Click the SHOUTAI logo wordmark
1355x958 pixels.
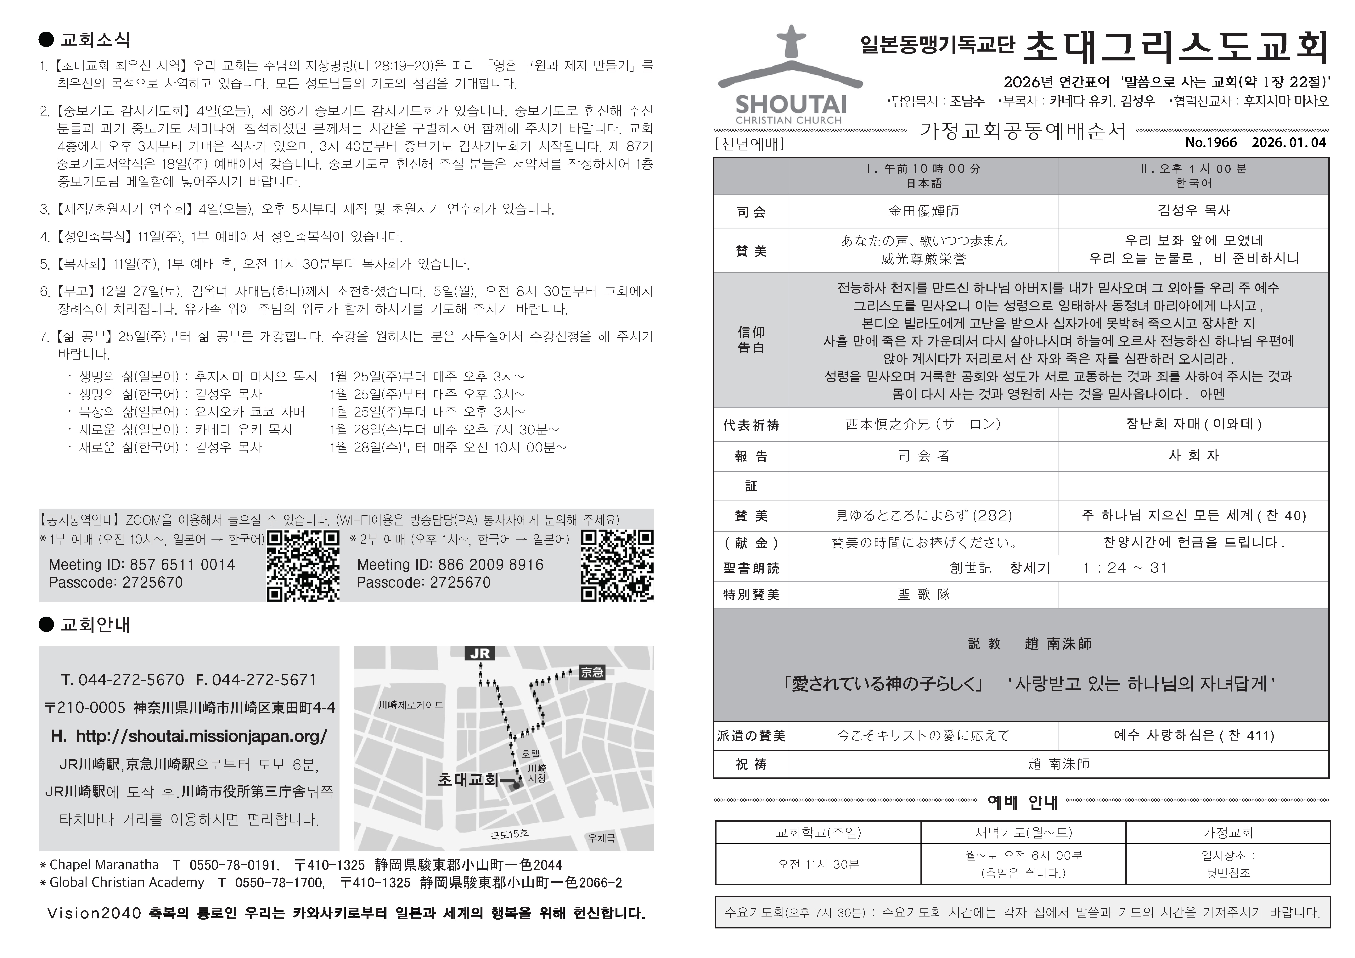(x=791, y=105)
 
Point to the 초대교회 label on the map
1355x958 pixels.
(x=468, y=780)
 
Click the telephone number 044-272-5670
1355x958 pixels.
(x=131, y=680)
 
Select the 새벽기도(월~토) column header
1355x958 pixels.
(x=1023, y=832)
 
